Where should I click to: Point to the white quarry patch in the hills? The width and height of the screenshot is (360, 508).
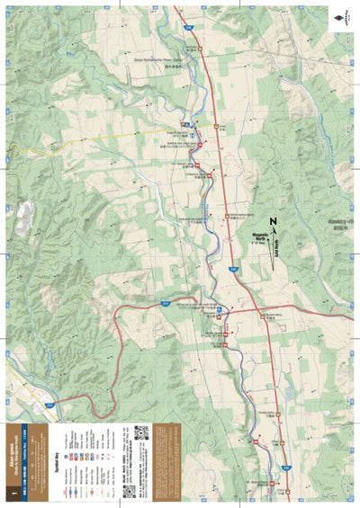point(24,216)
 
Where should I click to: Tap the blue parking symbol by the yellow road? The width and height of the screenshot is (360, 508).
point(185,123)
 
